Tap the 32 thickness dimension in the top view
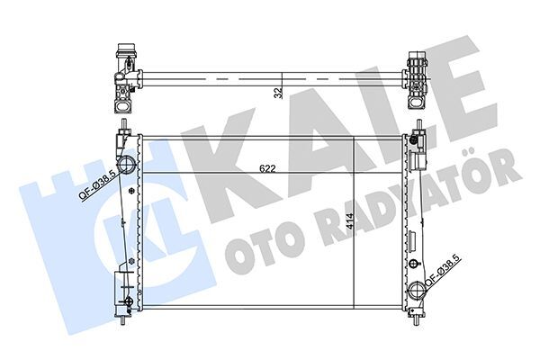click(x=278, y=91)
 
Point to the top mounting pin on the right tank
click(x=418, y=125)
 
